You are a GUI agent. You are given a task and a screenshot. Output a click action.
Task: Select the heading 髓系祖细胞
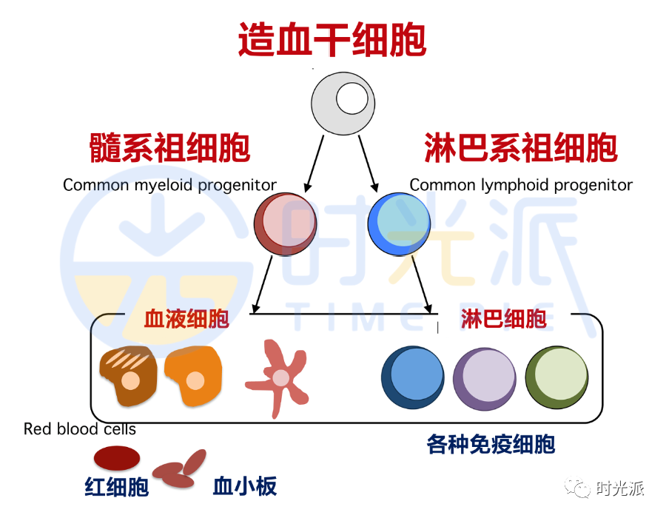point(169,148)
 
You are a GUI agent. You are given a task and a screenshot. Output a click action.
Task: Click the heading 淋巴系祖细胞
point(521,148)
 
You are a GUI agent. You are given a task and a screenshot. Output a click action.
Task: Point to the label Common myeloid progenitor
point(169,185)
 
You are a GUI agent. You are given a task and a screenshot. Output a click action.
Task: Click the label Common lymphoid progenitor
point(521,185)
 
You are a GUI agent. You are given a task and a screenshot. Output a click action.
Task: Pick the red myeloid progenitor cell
point(286,223)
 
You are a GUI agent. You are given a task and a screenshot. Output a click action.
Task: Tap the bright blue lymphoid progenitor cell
point(400,223)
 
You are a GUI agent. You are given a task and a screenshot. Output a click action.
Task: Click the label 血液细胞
point(186,319)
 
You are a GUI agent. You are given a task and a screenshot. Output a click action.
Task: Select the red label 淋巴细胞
point(503,319)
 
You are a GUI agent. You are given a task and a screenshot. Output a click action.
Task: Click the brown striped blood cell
point(128,376)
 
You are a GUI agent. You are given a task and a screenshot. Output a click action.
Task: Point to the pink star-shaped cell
point(280,377)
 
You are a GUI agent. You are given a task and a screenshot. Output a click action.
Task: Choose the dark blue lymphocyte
point(412,377)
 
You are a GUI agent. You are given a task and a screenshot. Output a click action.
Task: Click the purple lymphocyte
point(484,378)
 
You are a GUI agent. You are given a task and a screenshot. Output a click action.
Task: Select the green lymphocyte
point(556,377)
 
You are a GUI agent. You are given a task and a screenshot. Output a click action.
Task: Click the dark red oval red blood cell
point(116,459)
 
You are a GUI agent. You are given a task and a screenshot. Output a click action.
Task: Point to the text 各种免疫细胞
point(491,444)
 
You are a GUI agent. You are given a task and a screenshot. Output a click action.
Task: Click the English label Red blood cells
point(80,429)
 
